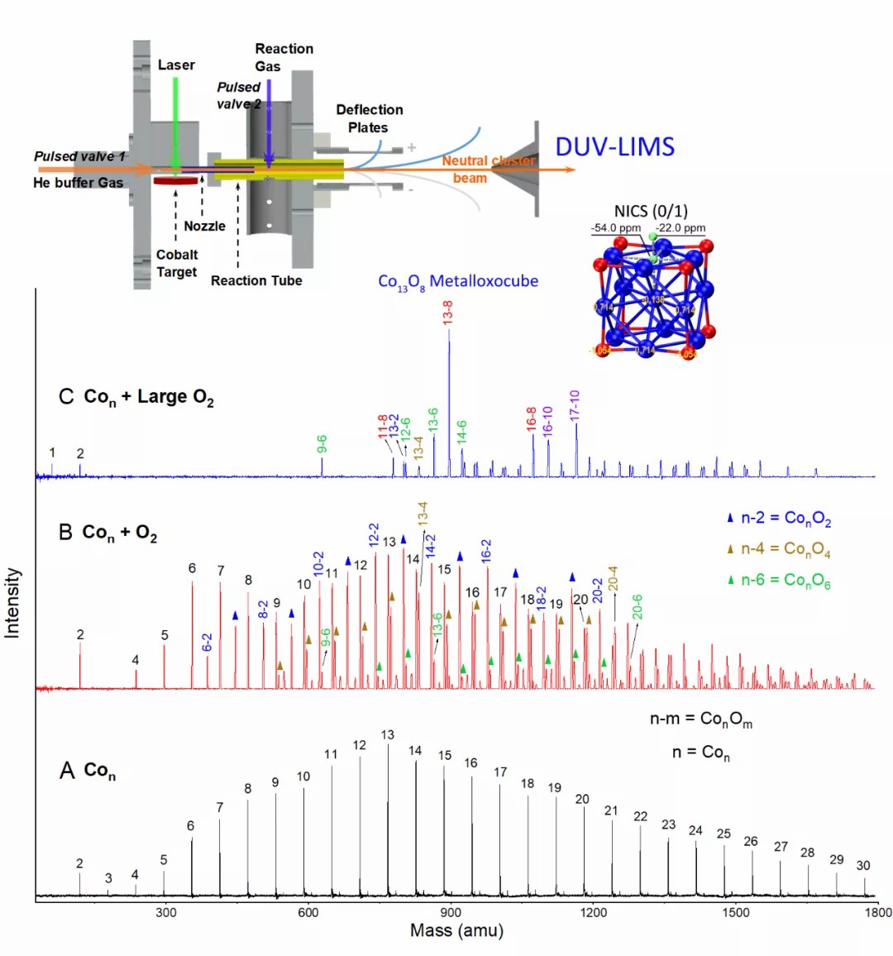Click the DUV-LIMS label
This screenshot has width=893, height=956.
(x=614, y=146)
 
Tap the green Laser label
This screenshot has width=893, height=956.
(x=176, y=65)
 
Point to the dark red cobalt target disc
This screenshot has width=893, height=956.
(x=174, y=179)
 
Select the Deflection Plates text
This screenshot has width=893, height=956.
(x=369, y=118)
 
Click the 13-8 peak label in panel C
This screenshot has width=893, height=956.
(x=448, y=313)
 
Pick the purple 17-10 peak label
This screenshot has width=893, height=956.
(x=575, y=406)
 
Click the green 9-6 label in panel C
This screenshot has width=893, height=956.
(x=322, y=444)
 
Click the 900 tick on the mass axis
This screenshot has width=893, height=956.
(x=451, y=912)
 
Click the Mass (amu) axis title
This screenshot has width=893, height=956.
(x=456, y=930)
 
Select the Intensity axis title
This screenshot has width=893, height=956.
(x=12, y=602)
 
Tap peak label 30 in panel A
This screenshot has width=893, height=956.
(x=863, y=865)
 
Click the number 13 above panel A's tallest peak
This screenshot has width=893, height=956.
(x=388, y=734)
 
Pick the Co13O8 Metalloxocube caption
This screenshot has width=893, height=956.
(x=458, y=282)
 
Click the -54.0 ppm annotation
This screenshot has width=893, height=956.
(x=615, y=228)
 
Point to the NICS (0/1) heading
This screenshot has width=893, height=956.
(x=651, y=211)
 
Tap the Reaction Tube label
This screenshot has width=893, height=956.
(x=256, y=280)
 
